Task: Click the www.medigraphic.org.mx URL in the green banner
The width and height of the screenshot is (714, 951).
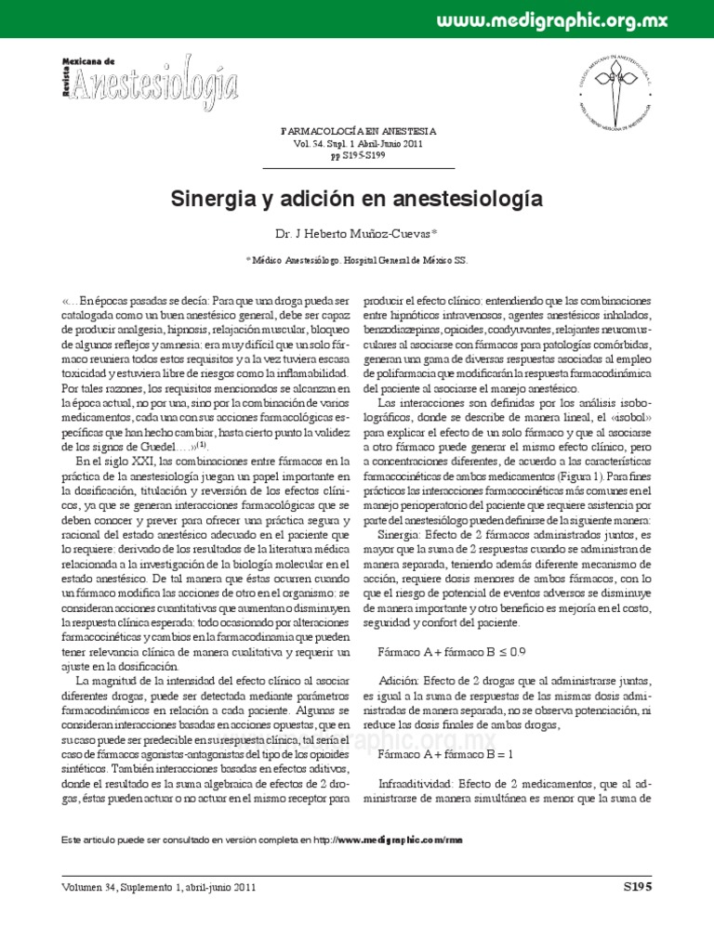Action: [x=578, y=20]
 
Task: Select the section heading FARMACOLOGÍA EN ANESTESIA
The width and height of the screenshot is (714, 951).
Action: [x=357, y=133]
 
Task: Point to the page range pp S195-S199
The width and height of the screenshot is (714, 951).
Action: [x=357, y=157]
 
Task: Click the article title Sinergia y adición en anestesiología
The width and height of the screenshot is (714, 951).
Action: [x=357, y=199]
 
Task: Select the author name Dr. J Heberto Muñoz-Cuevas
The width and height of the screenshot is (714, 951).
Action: [x=357, y=235]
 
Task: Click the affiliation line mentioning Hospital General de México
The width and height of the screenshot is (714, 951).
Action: [x=357, y=262]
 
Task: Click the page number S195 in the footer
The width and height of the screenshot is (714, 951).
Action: [x=637, y=887]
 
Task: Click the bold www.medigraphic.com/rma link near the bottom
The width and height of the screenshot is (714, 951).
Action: [x=400, y=840]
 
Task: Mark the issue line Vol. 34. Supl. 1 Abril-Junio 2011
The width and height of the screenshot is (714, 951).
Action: [x=357, y=145]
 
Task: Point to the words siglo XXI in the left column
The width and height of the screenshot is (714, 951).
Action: [x=122, y=462]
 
